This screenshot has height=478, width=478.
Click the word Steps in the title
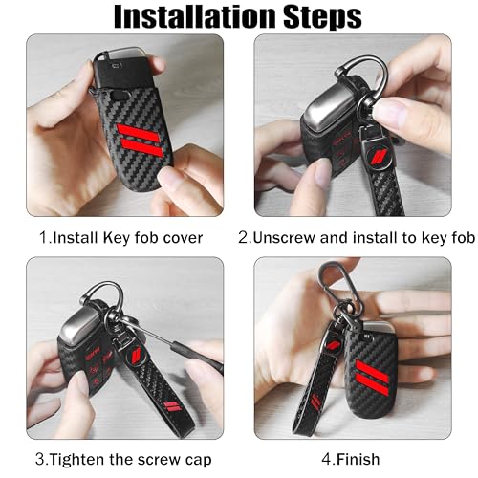point(322,17)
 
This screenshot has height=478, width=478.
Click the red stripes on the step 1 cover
point(141,140)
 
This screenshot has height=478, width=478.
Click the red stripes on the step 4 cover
point(372,378)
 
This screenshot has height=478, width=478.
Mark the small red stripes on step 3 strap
point(172,406)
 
